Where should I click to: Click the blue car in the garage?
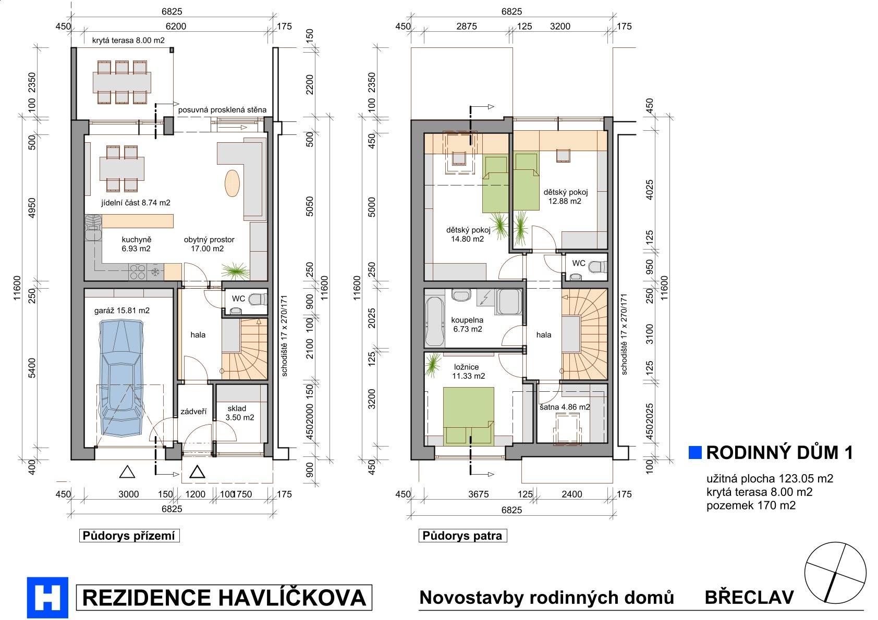121,378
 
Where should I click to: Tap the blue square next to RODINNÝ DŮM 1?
694,452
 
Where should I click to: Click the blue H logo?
47,597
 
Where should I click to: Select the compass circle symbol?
835,573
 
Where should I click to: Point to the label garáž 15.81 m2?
122,311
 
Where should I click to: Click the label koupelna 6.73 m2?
467,325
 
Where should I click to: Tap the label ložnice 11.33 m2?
468,371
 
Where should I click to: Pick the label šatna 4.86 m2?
565,407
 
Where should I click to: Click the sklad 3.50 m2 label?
239,413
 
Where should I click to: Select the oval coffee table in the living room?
232,183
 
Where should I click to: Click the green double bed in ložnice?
468,416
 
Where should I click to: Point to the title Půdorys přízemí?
129,536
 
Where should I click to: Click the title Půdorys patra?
462,536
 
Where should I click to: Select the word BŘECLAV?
749,597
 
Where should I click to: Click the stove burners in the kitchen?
138,272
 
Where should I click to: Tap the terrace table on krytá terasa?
122,82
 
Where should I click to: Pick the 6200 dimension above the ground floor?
176,26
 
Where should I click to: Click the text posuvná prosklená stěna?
222,109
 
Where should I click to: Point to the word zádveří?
193,411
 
